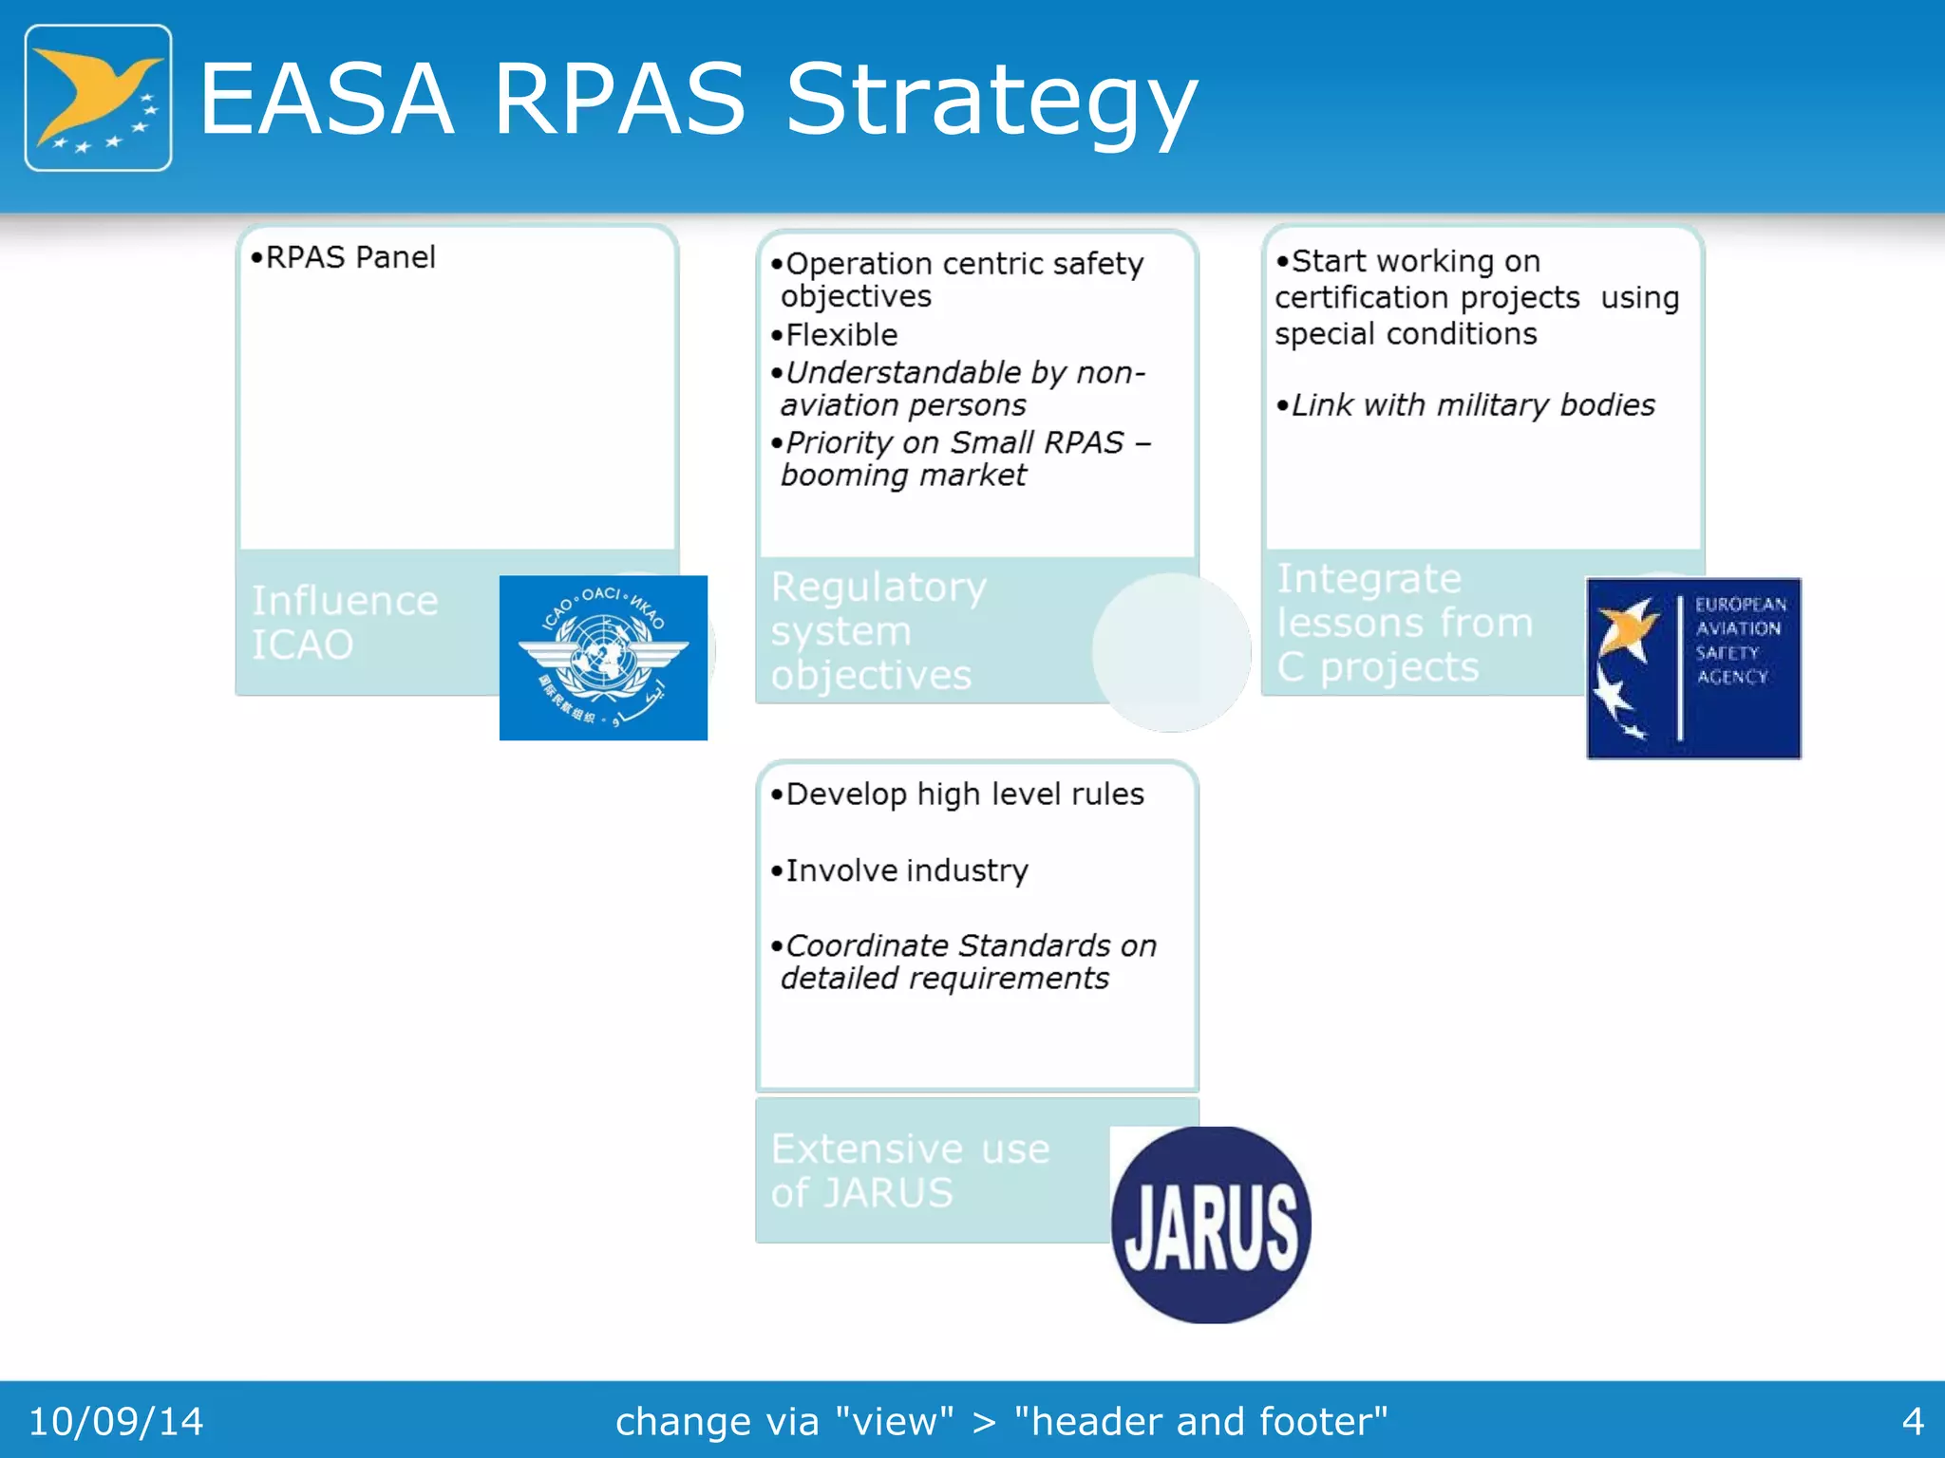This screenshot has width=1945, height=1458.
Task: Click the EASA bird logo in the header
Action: coord(98,98)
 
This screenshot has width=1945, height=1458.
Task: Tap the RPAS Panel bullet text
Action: coord(344,257)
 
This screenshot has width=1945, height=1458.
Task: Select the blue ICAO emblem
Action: coord(603,658)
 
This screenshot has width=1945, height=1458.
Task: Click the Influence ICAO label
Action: coord(345,623)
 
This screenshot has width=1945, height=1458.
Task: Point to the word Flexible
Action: coord(840,335)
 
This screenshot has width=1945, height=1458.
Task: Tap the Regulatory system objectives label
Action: coord(878,631)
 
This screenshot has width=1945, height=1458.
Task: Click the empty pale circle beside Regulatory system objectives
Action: coord(1171,652)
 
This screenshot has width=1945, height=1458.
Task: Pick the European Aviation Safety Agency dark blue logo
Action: coord(1693,668)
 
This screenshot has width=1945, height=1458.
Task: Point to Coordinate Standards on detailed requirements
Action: coord(964,962)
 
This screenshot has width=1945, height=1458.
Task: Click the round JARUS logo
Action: coord(1211,1225)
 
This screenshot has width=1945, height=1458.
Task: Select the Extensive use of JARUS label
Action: coord(909,1170)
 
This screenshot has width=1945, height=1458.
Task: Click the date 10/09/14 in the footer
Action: coord(116,1421)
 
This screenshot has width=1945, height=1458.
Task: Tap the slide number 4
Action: coord(1912,1421)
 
